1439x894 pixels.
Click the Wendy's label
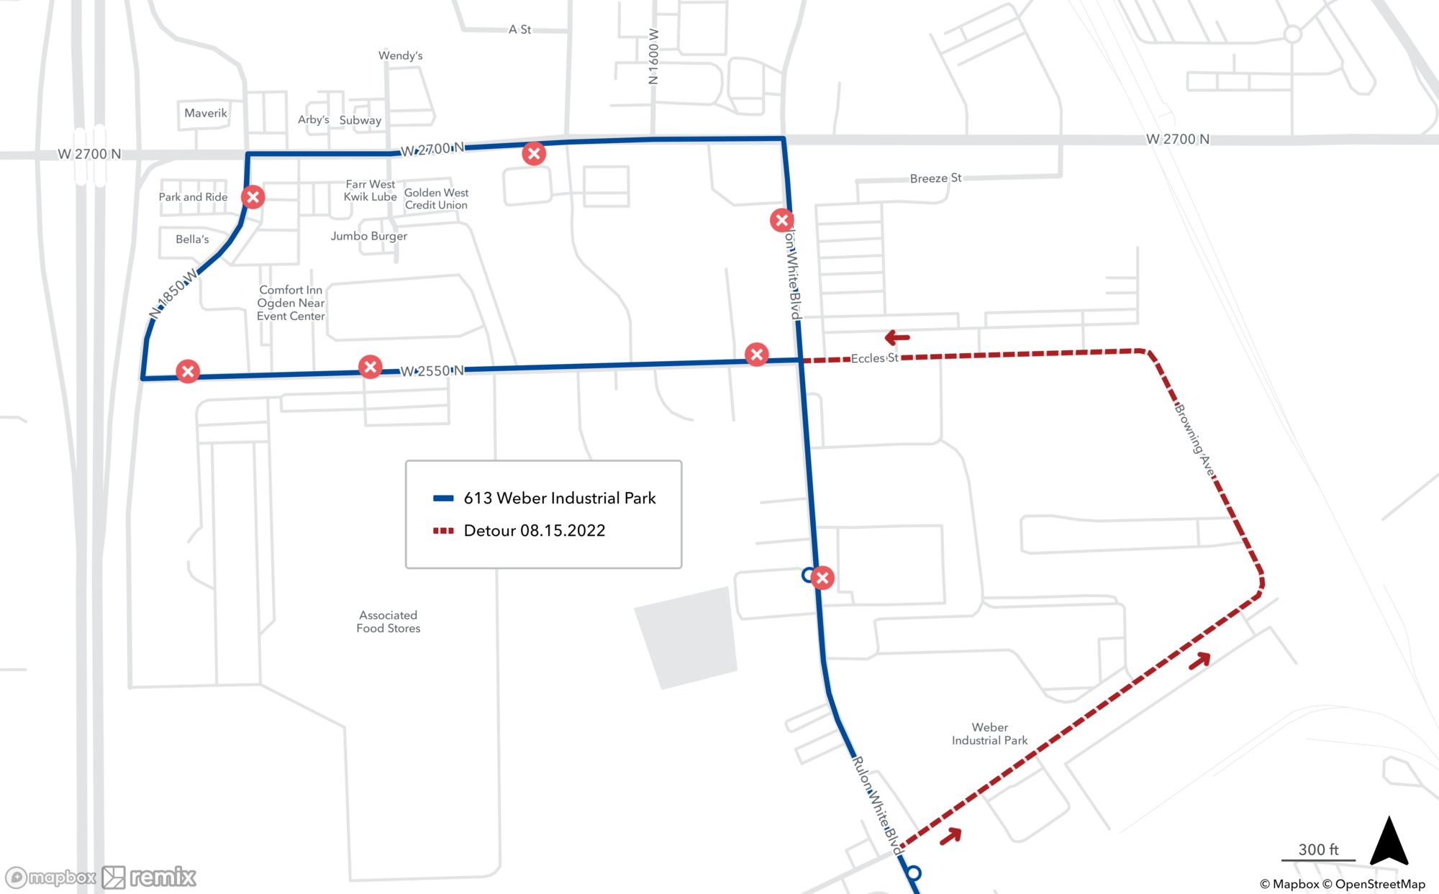[x=400, y=55]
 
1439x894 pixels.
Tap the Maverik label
[x=205, y=113]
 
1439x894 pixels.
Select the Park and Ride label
[x=193, y=197]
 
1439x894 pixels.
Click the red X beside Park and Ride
[x=253, y=197]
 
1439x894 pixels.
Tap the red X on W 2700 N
[x=533, y=153]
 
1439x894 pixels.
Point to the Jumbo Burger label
[x=368, y=236]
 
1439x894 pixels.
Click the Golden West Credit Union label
[x=436, y=199]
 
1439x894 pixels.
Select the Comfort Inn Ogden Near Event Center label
[x=291, y=303]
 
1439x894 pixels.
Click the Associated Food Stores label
[x=388, y=621]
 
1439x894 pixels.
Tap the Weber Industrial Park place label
[x=989, y=734]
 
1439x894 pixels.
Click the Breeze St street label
[x=935, y=178]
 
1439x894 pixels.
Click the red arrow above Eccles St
[x=897, y=337]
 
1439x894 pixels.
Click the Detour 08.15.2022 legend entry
[x=534, y=531]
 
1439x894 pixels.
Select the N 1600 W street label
[x=653, y=57]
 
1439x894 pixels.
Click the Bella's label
[x=192, y=240]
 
